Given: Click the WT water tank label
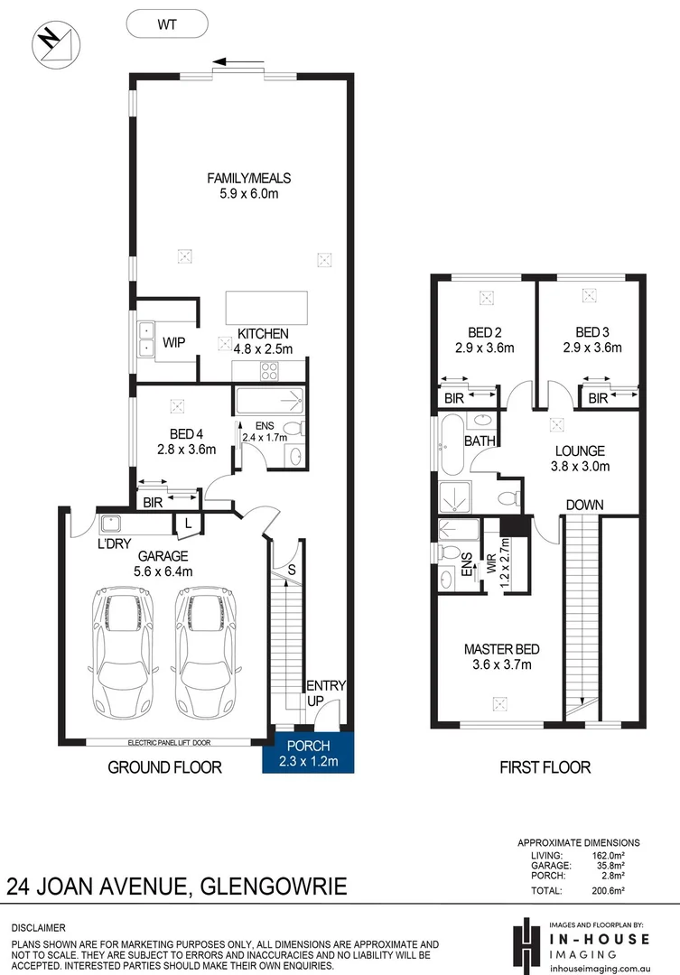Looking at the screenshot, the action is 167,25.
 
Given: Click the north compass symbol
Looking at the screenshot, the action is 57,43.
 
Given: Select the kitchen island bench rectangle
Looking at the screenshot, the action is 266,308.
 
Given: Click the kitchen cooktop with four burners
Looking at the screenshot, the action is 269,371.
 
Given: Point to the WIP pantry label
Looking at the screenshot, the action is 173,343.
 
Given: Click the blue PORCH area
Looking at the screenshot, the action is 309,752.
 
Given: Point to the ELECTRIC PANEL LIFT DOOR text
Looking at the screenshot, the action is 169,742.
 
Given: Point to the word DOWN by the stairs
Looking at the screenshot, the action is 585,505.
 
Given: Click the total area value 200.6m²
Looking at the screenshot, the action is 608,890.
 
